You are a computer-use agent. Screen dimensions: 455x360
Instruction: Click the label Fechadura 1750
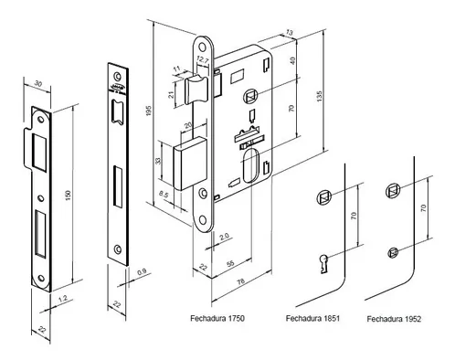[217, 318]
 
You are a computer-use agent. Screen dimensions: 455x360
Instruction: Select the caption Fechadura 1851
[312, 318]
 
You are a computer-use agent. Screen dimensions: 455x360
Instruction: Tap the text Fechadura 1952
[394, 319]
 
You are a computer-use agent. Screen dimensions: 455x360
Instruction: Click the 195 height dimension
[149, 111]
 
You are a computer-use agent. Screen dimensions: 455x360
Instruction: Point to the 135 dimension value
[319, 96]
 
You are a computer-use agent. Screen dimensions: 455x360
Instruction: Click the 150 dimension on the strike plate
[68, 196]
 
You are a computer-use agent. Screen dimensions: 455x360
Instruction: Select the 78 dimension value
[240, 281]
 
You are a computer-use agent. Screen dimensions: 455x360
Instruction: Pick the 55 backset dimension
[230, 263]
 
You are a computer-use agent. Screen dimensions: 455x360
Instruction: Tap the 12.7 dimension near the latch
[202, 60]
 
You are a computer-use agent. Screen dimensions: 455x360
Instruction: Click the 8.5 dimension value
[164, 195]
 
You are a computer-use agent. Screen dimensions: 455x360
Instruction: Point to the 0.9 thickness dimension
[142, 272]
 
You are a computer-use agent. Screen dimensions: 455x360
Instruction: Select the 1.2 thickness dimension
[62, 299]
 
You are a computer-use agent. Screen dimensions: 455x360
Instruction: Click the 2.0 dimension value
[225, 237]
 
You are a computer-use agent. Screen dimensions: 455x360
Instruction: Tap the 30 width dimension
[38, 83]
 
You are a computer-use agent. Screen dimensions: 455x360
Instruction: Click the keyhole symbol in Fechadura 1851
[323, 263]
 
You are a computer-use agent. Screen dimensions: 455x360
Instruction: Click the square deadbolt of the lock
[189, 164]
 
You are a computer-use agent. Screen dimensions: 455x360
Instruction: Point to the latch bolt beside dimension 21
[196, 90]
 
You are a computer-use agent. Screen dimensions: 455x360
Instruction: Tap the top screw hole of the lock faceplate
[202, 48]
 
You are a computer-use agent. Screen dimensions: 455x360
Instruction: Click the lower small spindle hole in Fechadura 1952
[393, 252]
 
